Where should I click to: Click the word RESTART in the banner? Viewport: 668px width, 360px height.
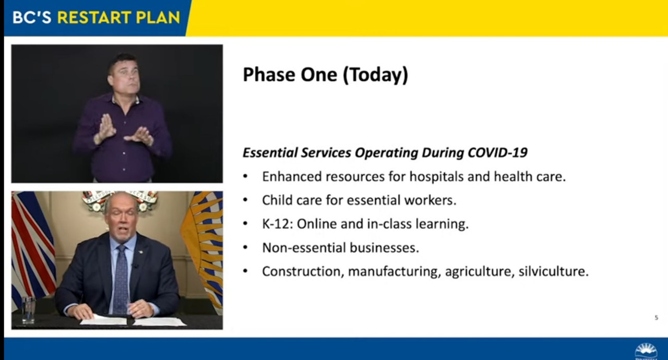[94, 18]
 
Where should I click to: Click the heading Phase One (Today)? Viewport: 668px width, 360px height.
[325, 75]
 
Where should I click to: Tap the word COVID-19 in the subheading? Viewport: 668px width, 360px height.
[497, 152]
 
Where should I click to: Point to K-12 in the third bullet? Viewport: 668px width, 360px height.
[277, 224]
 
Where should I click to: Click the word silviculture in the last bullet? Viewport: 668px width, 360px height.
[554, 271]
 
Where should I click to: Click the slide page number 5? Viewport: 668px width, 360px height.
[656, 318]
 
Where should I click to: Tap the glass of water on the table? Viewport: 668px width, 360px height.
[29, 310]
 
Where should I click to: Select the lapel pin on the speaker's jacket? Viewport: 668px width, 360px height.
[139, 253]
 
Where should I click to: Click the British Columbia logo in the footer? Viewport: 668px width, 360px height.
[646, 352]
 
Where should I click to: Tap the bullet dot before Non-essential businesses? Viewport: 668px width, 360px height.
[245, 248]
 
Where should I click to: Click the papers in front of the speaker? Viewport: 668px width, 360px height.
[133, 321]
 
